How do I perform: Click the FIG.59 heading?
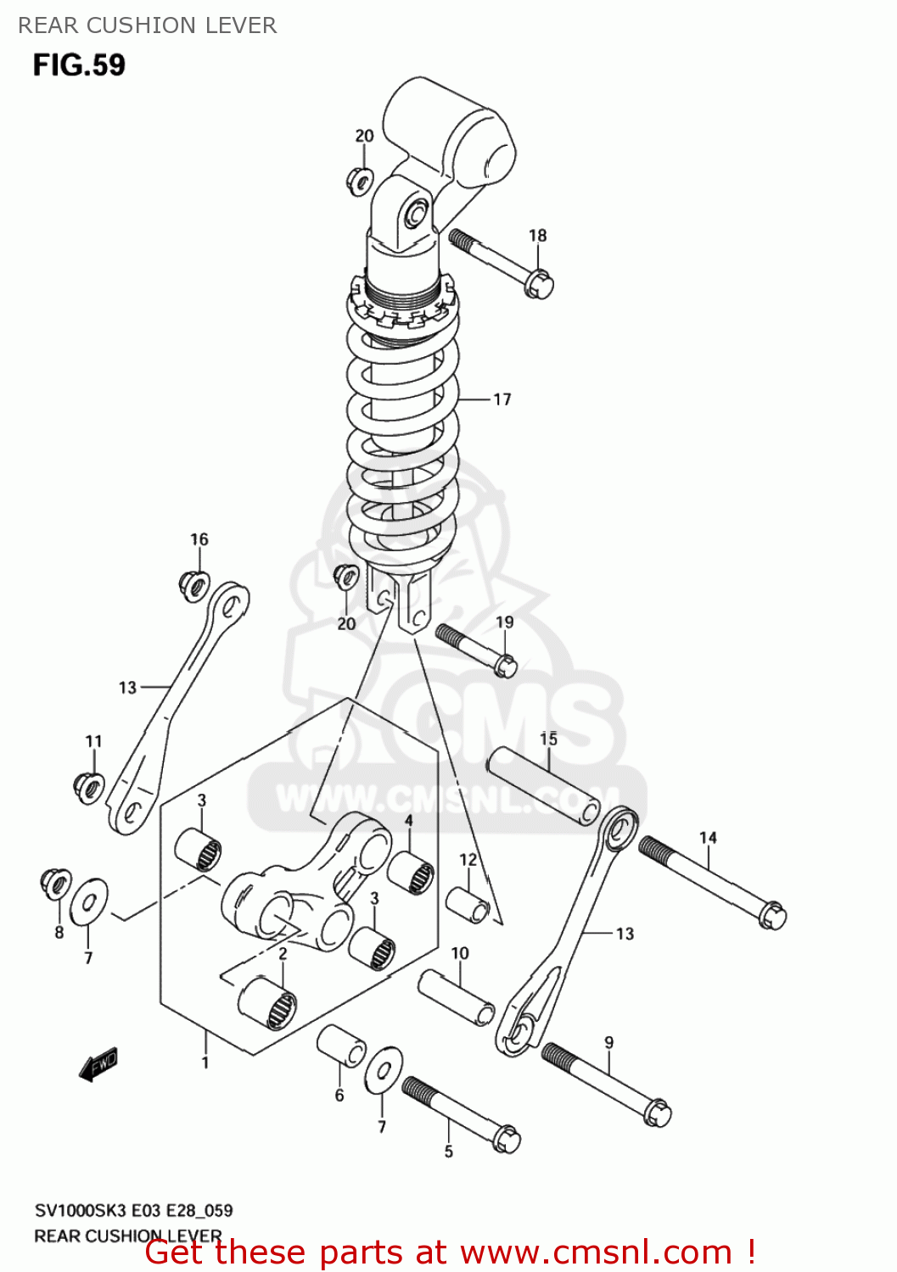coord(79,65)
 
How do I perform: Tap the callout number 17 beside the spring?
coord(502,399)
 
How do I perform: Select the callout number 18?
coord(538,236)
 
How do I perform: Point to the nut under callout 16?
coord(194,584)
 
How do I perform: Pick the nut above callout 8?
coord(56,884)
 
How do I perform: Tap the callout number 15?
coord(549,739)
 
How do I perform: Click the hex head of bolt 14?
coord(772,915)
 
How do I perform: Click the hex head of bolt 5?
coord(506,1138)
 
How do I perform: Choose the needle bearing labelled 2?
coord(268,1004)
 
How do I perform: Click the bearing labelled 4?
coord(411,873)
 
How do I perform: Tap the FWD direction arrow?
coord(98,1063)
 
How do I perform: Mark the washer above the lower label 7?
coord(384,1070)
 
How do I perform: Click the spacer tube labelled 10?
coord(457,997)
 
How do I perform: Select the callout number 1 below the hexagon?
coord(205,1062)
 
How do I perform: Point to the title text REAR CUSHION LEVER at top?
coord(148,25)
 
